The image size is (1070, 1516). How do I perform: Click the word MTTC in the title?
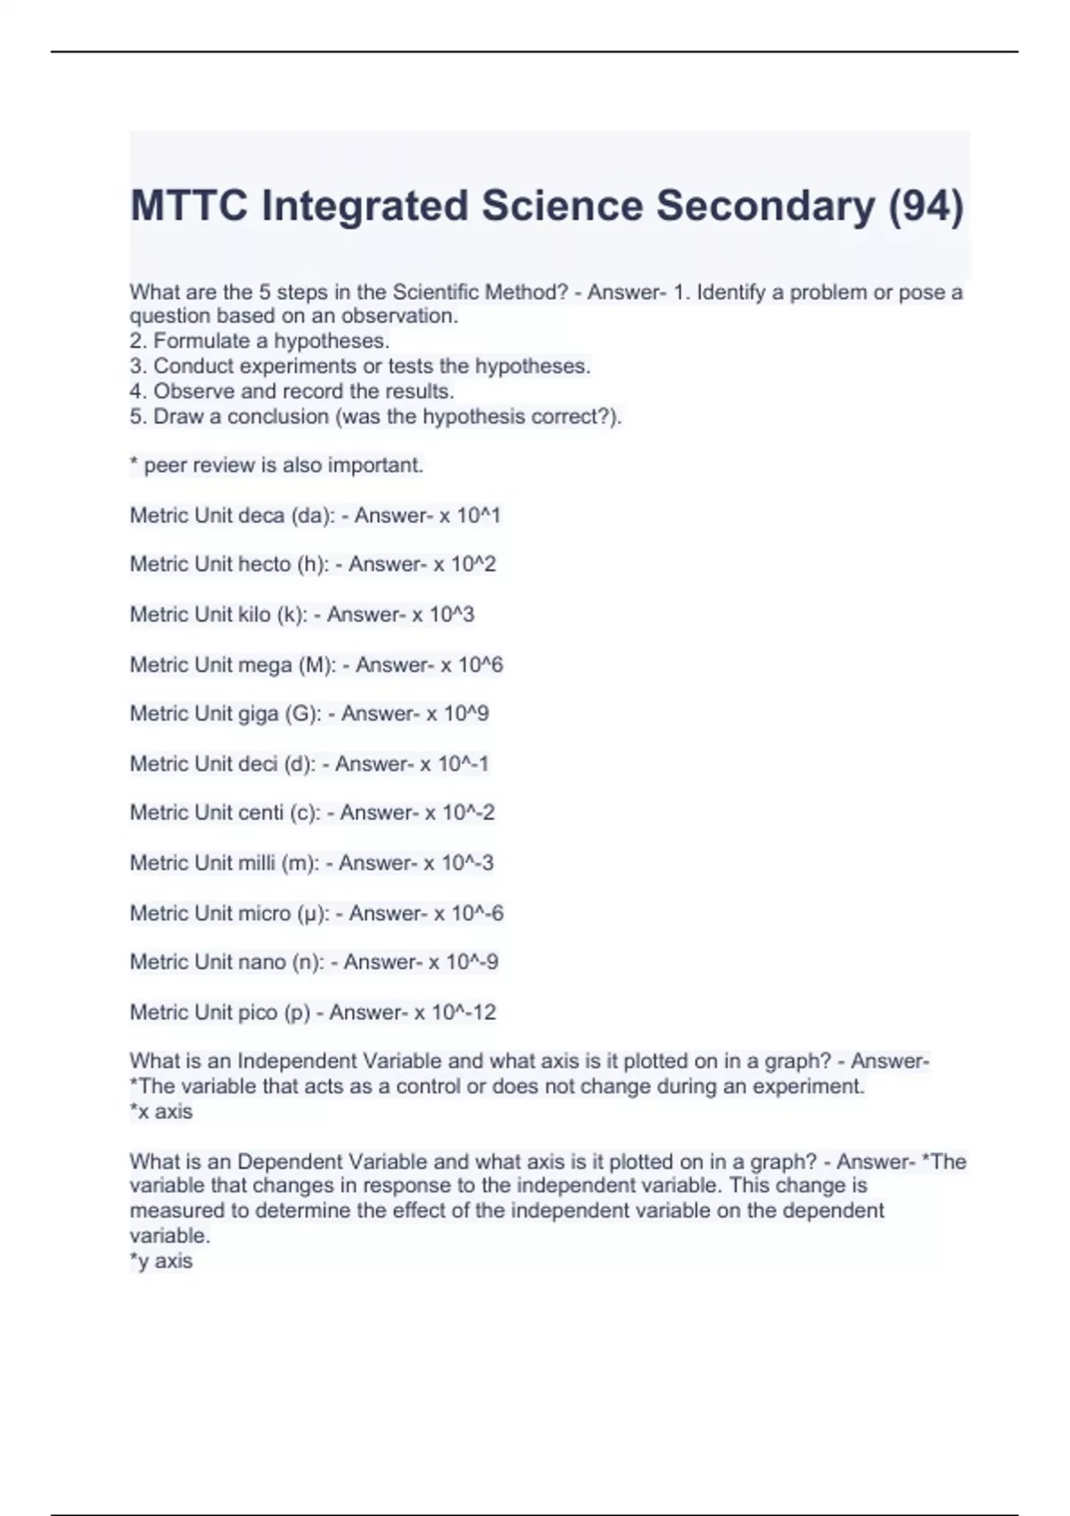(188, 206)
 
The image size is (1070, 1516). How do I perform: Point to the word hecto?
(264, 564)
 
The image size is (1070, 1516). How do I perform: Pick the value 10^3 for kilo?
(452, 614)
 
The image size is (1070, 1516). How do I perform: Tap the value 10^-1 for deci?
(463, 764)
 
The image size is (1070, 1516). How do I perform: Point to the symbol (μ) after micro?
(313, 914)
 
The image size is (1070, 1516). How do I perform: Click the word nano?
(262, 962)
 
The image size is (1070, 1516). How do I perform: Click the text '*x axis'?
(161, 1112)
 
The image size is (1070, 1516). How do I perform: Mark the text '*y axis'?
(161, 1261)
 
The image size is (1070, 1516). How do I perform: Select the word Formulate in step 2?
(197, 341)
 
